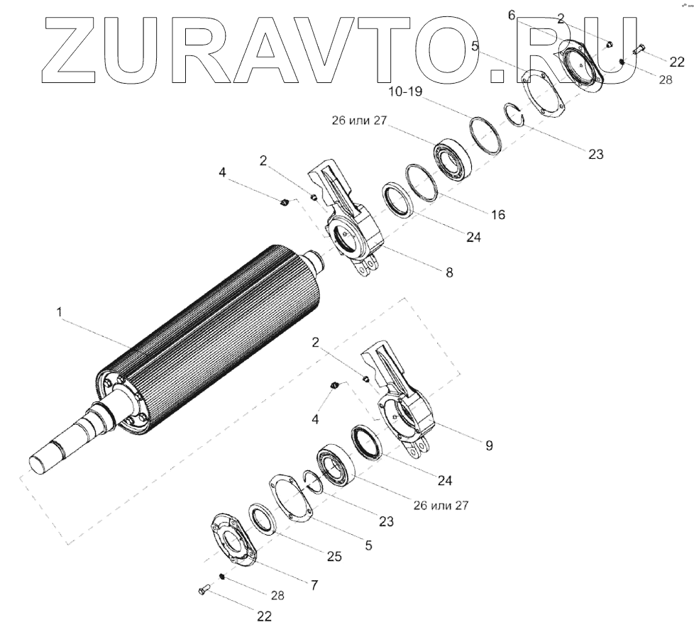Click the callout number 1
60,312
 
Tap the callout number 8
449,273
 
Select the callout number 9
489,445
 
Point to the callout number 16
498,214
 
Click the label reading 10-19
405,92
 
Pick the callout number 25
334,556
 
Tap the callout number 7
314,586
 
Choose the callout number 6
512,16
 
